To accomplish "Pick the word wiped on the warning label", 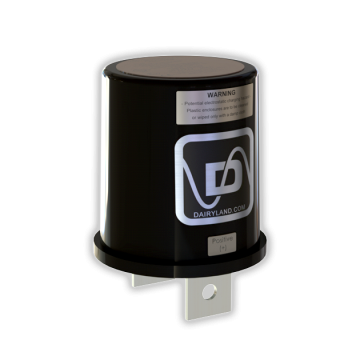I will pos(226,116).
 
